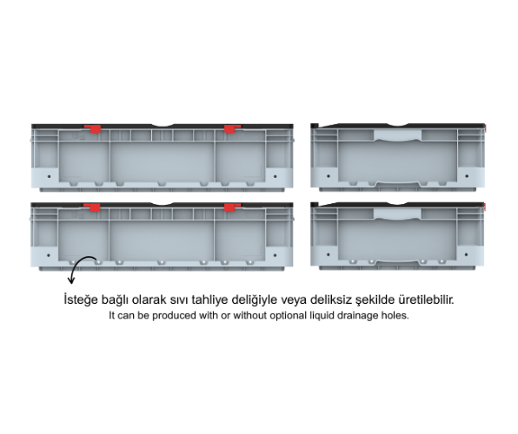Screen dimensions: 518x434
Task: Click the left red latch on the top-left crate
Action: pyautogui.click(x=93, y=128)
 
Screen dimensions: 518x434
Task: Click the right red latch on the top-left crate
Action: pyautogui.click(x=232, y=128)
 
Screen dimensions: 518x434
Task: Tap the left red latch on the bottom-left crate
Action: pyautogui.click(x=92, y=207)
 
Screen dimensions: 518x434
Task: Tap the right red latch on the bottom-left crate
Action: pyautogui.click(x=232, y=207)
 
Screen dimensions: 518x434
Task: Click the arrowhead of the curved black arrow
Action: pyautogui.click(x=71, y=280)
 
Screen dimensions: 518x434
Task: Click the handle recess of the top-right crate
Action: pyautogui.click(x=397, y=135)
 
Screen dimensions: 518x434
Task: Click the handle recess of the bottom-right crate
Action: pyautogui.click(x=397, y=214)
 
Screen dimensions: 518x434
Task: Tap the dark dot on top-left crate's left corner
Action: pyautogui.click(x=50, y=176)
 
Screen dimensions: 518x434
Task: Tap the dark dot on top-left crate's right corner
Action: pyautogui.click(x=276, y=176)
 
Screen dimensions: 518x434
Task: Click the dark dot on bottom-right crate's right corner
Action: pyautogui.click(x=466, y=255)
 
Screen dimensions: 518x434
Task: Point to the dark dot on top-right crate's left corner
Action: pyautogui.click(x=328, y=176)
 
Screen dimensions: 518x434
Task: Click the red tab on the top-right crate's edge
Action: pyautogui.click(x=485, y=128)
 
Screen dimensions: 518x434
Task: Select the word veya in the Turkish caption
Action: pyautogui.click(x=289, y=300)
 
